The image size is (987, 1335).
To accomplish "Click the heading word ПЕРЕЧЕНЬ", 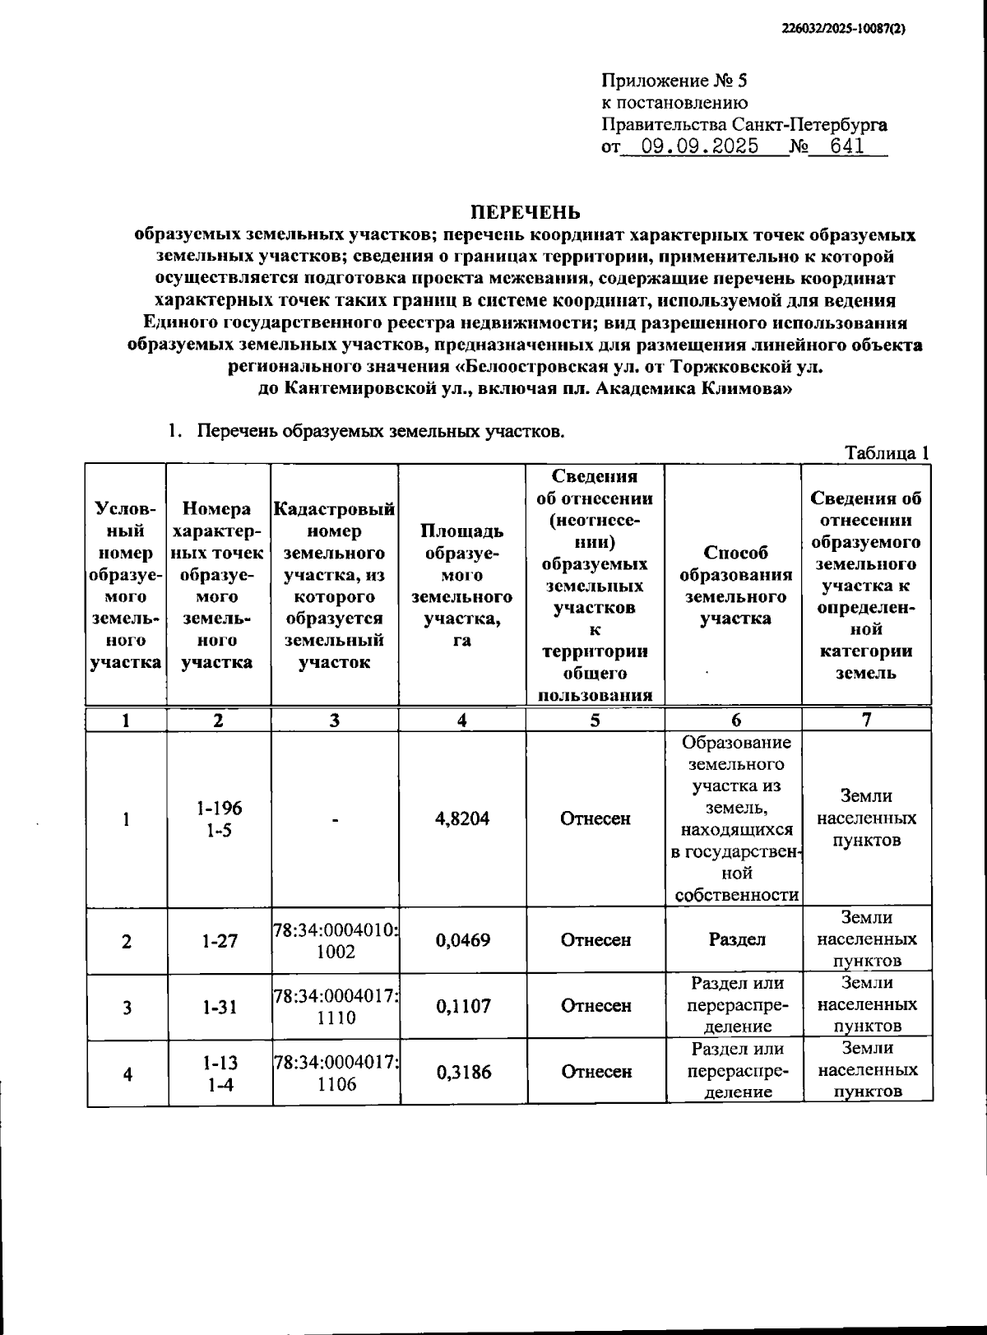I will tap(525, 213).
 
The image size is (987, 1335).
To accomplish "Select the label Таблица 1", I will tap(887, 452).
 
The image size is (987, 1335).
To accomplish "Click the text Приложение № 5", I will tap(675, 81).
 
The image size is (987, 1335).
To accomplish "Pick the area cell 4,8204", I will tap(462, 818).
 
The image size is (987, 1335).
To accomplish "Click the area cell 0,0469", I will tap(462, 939).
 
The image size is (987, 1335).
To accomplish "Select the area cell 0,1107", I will tap(462, 1005).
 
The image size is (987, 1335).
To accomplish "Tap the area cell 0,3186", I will tap(462, 1071).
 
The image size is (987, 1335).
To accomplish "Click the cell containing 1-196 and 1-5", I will tap(219, 818).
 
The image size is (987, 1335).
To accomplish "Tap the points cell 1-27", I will tap(219, 939).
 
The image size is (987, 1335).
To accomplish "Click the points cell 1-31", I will tap(219, 1005).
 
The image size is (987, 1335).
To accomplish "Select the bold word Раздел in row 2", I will tap(736, 939).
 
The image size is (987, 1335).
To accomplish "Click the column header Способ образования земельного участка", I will tap(735, 586).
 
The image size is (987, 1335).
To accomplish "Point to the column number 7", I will tap(866, 720).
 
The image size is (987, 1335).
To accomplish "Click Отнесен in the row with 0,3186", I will tap(596, 1071).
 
